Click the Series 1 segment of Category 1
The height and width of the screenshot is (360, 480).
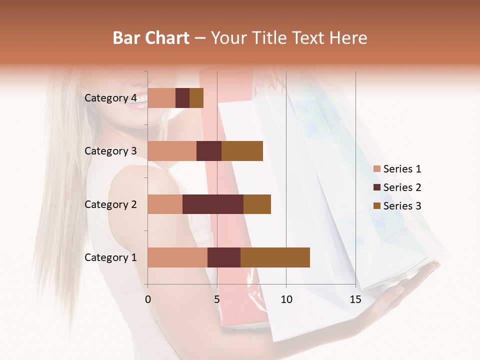coord(177,257)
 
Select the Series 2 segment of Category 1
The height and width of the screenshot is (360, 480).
coord(224,257)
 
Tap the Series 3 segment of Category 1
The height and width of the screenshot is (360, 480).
coord(275,257)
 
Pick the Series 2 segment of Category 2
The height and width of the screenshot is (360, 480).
coord(213,204)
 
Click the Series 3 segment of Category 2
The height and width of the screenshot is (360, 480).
coord(257,204)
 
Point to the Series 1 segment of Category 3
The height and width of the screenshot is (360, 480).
coord(172,151)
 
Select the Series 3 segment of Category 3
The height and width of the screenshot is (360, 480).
coord(242,151)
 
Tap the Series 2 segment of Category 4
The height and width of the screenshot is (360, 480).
coord(182,98)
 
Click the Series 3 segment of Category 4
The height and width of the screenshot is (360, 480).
coord(196,98)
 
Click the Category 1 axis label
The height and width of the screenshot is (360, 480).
coord(110,257)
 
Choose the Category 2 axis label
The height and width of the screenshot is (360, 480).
coord(110,204)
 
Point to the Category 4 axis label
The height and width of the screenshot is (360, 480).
coord(110,98)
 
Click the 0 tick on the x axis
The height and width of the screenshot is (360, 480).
coord(148,299)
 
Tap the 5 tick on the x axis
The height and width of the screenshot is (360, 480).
coord(217,299)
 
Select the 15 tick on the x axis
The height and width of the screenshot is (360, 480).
coord(355,299)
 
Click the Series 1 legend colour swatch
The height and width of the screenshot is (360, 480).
coord(376,169)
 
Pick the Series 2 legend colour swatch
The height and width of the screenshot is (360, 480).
coord(376,187)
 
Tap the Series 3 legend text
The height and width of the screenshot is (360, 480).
coord(402,206)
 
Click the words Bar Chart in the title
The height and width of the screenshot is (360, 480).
coord(151,37)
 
